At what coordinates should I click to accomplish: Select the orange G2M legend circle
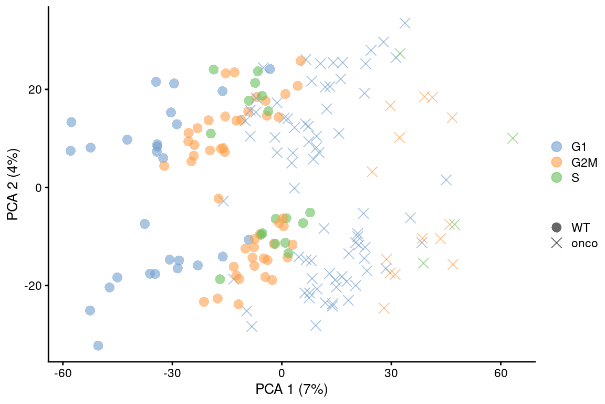[556, 163]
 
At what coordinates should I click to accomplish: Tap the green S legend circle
[556, 178]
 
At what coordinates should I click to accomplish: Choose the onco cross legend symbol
[556, 243]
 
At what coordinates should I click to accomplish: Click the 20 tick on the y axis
[36, 89]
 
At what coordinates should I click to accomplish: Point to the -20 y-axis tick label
[34, 286]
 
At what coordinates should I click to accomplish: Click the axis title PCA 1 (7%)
[291, 390]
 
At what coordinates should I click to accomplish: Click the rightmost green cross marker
[513, 138]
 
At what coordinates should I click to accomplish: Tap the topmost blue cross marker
[405, 23]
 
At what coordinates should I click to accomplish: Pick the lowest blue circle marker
[98, 346]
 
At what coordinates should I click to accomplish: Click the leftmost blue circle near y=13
[71, 122]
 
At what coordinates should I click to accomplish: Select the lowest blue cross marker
[252, 327]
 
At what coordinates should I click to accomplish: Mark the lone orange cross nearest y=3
[372, 172]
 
